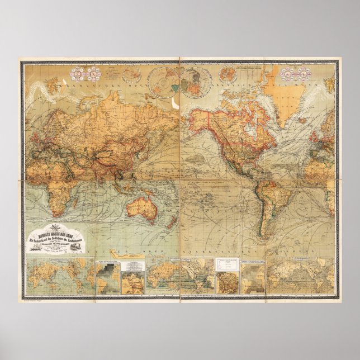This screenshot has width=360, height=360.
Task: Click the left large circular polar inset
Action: [164, 82]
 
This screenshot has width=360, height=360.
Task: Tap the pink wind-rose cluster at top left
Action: [85, 73]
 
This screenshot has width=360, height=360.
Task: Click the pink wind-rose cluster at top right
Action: [296, 73]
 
